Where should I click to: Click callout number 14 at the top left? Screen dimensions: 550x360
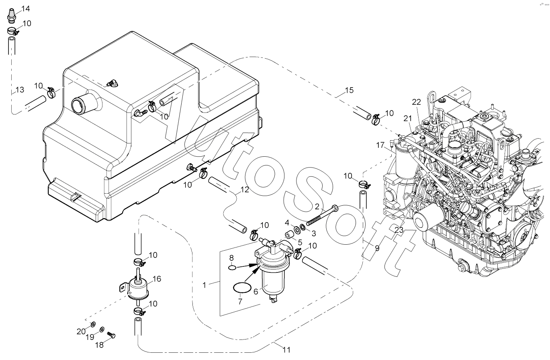coord(26,9)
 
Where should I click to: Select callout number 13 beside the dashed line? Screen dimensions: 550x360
coord(20,90)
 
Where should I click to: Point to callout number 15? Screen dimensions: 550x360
coord(349,90)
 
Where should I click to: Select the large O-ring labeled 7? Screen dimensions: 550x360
coord(242,288)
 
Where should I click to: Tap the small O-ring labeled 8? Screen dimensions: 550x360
coord(232,268)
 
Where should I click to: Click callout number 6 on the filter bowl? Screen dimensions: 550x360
coord(256,291)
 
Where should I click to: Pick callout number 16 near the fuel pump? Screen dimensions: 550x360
coord(157,279)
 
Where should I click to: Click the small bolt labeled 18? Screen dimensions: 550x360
coord(111,335)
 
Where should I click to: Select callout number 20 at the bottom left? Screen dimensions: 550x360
coord(81,332)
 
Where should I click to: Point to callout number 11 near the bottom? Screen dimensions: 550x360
coord(286,350)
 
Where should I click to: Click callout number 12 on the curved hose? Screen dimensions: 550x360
coord(245,190)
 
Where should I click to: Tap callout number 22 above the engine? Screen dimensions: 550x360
coord(417,102)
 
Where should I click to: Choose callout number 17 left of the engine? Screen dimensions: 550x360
coord(380,145)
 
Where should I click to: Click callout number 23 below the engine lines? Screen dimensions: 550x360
coord(399,230)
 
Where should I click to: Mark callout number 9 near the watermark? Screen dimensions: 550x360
coord(377,249)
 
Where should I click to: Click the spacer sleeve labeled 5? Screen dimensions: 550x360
coord(289,234)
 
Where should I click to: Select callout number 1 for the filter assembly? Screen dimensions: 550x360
coord(204,285)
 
